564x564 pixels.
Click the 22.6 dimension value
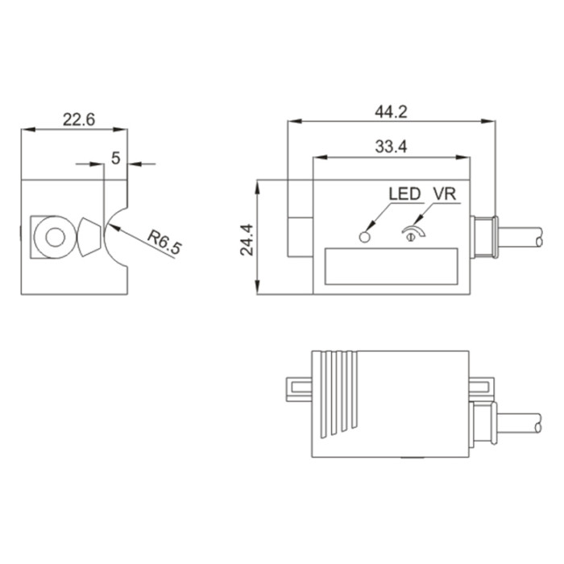(79, 119)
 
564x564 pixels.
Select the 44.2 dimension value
(391, 112)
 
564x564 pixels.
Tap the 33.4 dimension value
(391, 147)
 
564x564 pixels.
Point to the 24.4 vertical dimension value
(247, 239)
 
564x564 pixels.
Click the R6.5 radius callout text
(164, 243)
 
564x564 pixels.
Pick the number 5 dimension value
(115, 158)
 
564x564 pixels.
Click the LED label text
(404, 194)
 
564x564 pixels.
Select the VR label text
(445, 194)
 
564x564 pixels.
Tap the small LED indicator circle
(364, 238)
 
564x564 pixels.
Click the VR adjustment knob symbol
(413, 233)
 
